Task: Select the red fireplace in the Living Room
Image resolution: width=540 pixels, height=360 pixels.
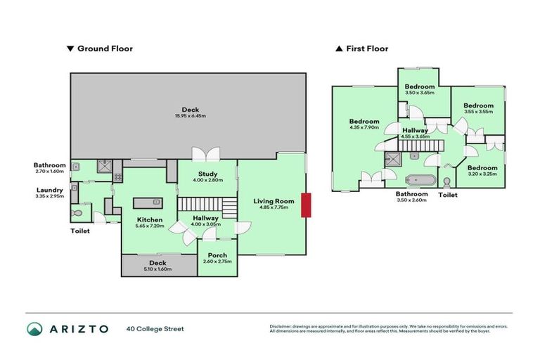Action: click(304, 206)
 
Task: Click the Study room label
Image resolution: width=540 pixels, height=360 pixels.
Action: click(207, 174)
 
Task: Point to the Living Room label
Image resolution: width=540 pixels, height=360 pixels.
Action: click(274, 201)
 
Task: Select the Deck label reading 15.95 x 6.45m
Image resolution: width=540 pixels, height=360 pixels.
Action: click(190, 115)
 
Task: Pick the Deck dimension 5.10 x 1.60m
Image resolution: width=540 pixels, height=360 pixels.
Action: click(158, 269)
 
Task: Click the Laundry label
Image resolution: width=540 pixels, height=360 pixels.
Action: click(50, 189)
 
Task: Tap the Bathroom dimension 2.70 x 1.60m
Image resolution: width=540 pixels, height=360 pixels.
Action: click(49, 171)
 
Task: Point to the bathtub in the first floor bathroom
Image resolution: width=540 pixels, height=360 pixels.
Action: click(420, 179)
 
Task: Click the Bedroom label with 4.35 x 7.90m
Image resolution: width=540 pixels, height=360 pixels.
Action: click(364, 121)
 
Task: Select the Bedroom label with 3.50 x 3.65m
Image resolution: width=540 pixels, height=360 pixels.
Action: click(419, 87)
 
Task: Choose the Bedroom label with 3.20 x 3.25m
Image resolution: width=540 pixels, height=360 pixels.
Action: click(482, 168)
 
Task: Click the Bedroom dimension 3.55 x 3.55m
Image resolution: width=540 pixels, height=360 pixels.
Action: click(478, 111)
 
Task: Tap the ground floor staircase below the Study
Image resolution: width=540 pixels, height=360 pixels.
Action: click(207, 205)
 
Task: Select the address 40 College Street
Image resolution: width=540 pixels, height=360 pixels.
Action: click(155, 328)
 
